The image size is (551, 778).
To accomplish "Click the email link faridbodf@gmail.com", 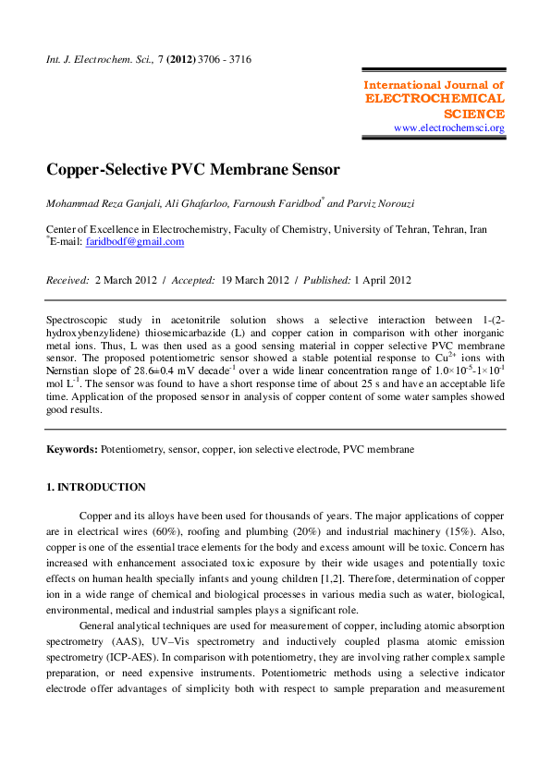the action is tap(135, 242).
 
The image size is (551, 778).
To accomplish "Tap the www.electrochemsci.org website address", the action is tap(449, 128).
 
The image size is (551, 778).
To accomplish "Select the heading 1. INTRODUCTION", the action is tap(96, 487).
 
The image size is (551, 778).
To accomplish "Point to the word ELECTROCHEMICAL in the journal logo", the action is tap(435, 99).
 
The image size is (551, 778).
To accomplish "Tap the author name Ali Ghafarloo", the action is tap(190, 203).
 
